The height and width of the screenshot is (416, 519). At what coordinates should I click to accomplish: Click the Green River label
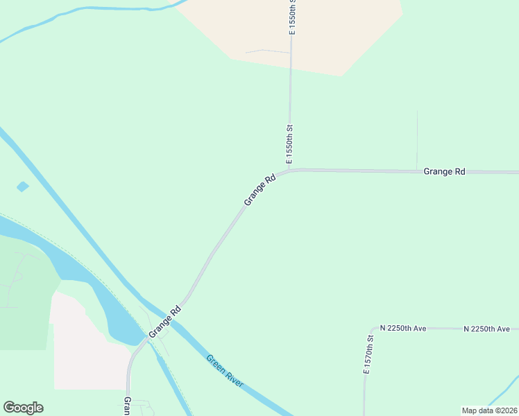pos(226,371)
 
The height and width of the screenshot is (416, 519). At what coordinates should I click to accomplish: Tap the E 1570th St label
pos(368,354)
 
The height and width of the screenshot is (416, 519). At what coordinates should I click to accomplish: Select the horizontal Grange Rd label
pos(444,171)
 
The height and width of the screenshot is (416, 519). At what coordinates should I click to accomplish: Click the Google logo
pos(23,408)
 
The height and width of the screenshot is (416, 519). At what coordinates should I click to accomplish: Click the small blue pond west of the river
pos(23,187)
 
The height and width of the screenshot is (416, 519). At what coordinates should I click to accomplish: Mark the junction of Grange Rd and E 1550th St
pos(289,170)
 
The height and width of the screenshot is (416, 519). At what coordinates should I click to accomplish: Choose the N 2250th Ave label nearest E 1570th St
pos(403,329)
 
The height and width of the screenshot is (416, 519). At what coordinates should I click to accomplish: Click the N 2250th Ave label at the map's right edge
pos(486,329)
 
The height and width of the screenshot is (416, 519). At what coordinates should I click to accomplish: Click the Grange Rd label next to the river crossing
pos(165,322)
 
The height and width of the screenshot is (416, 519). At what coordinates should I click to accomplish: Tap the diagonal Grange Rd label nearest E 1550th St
pos(260,189)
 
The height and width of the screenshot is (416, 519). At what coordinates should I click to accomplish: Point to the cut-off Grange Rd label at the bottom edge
pos(128,406)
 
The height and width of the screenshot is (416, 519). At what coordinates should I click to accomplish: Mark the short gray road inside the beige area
pos(267,51)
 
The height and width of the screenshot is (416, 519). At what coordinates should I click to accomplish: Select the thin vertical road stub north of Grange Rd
pos(417,139)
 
